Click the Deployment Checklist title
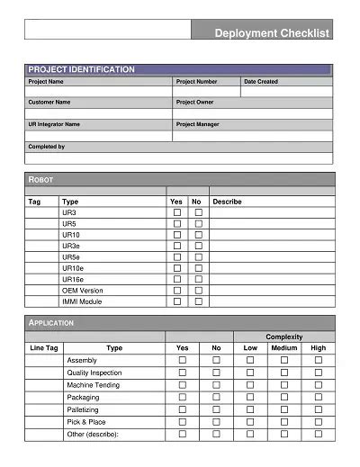click(x=272, y=33)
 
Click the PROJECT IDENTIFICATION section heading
click(x=81, y=69)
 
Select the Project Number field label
click(x=196, y=82)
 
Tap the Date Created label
click(x=261, y=82)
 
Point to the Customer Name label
click(x=49, y=103)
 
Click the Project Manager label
click(x=199, y=124)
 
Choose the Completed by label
click(x=47, y=146)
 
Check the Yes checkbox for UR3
click(x=176, y=212)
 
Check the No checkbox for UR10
click(x=198, y=235)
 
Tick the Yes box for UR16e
click(x=176, y=280)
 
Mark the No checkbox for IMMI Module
click(x=198, y=301)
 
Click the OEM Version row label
click(x=83, y=291)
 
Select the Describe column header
click(x=227, y=202)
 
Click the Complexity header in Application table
click(x=283, y=337)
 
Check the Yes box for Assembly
click(x=183, y=360)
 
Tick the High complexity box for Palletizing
click(x=319, y=409)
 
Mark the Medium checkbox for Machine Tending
click(x=284, y=385)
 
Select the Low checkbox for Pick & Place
click(x=250, y=422)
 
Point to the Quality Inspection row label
click(x=94, y=373)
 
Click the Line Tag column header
click(x=44, y=347)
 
